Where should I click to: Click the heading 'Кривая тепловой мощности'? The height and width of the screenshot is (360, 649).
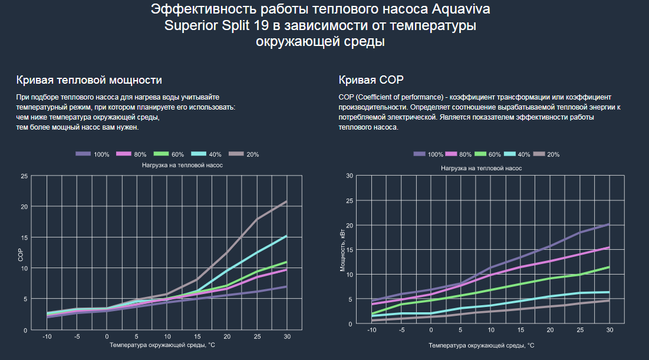coord(89,80)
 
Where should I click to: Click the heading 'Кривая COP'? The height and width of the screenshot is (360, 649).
coord(371,80)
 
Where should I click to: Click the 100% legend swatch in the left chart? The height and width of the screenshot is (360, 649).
coord(83,154)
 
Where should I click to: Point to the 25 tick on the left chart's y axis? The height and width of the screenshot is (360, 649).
coord(24,176)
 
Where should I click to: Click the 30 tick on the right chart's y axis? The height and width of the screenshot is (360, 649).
coord(350,176)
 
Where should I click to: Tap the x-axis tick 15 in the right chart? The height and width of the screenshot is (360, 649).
coord(520,330)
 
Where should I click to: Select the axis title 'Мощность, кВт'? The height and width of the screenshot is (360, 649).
coord(343,250)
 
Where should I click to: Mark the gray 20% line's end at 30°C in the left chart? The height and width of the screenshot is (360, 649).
coord(286,202)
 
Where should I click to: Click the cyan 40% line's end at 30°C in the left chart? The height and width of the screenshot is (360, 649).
coord(286,236)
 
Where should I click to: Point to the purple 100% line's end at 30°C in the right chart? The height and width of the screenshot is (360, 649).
coord(609,224)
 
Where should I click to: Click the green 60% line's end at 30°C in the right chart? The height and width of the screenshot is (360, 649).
coord(609,267)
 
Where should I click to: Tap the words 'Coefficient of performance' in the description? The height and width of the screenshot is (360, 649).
coord(393,97)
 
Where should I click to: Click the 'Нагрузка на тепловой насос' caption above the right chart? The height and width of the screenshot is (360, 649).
coord(481,168)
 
